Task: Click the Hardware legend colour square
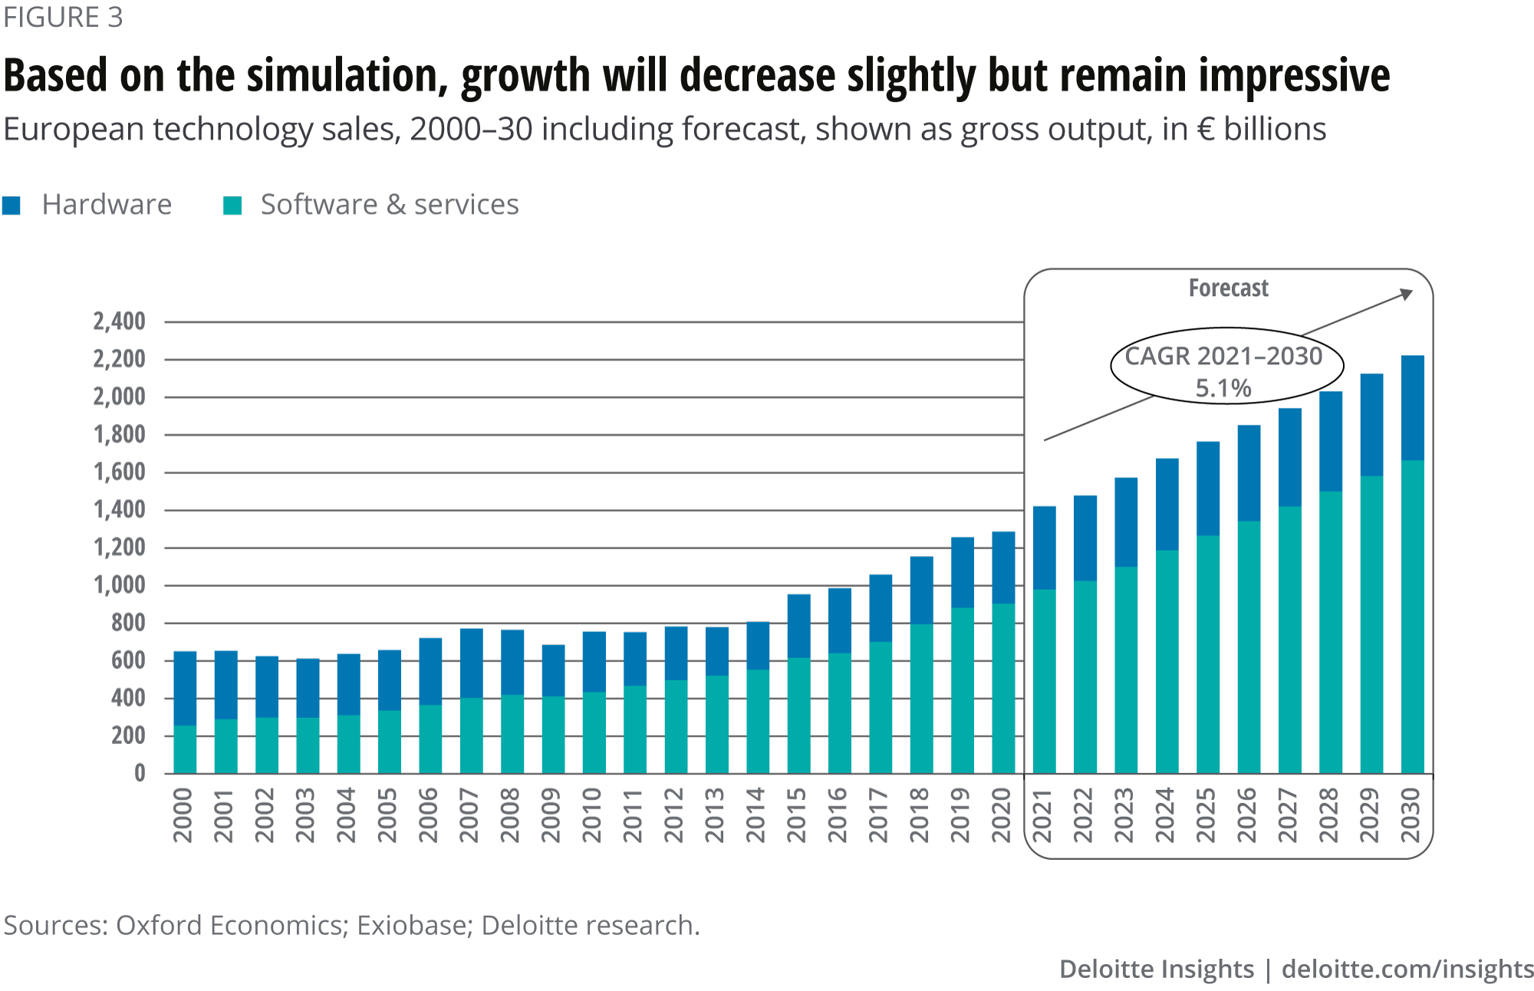click(x=12, y=206)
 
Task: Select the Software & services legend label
click(x=390, y=205)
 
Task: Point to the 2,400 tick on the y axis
click(x=119, y=321)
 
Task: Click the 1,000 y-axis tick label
click(x=119, y=585)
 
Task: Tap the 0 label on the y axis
click(x=140, y=773)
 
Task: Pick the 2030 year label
click(x=1411, y=815)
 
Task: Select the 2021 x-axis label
click(x=1042, y=815)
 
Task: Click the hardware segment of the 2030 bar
click(x=1412, y=407)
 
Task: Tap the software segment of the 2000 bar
click(x=185, y=749)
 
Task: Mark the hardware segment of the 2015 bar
click(x=798, y=626)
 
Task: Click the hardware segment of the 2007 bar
click(x=471, y=663)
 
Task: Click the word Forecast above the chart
click(x=1228, y=288)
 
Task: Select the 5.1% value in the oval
click(x=1223, y=388)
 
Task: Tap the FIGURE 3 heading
click(x=63, y=17)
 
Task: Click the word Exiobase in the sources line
click(x=412, y=926)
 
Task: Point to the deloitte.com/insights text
click(x=1407, y=970)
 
